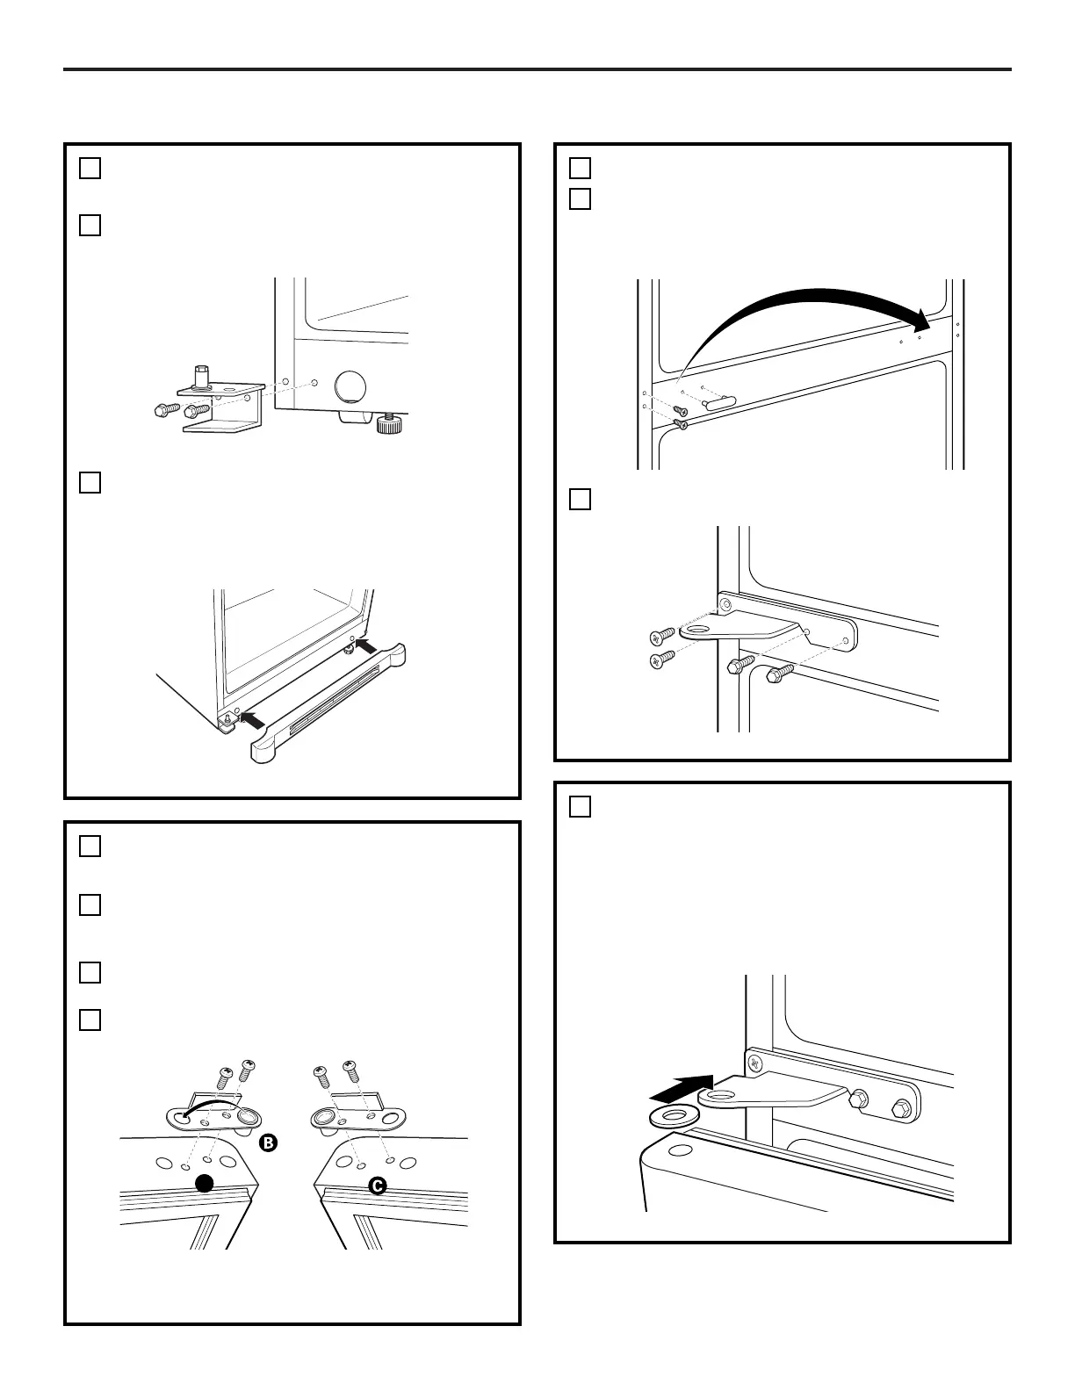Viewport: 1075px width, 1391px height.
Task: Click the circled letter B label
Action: coord(269,1142)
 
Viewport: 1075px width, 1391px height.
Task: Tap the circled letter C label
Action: coord(377,1186)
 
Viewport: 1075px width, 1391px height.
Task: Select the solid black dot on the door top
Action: coord(205,1184)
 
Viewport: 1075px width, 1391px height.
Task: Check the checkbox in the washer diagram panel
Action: coord(581,806)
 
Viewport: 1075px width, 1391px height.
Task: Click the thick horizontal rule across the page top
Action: coord(537,69)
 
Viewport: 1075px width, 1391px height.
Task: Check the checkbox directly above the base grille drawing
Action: coord(90,483)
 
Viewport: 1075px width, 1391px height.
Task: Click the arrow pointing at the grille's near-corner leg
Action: coord(250,718)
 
